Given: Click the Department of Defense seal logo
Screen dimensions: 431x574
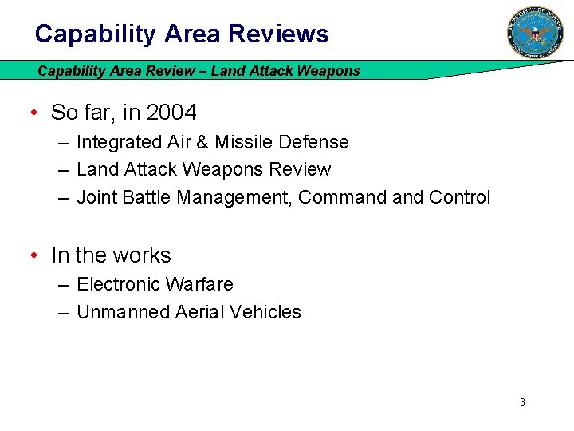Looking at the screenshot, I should click(535, 33).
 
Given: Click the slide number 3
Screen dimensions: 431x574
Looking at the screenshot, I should click(522, 402).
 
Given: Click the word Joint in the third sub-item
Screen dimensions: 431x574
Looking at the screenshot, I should click(97, 196).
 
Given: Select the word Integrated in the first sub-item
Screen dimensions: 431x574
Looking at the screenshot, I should click(116, 142).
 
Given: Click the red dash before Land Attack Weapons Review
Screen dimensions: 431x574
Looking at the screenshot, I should click(62, 169).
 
